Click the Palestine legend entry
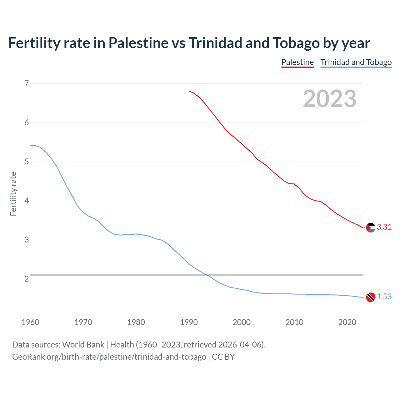tap(297, 62)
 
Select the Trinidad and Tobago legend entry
tap(356, 62)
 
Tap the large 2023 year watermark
tap(329, 99)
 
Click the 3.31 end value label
tap(384, 227)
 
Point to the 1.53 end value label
tap(384, 297)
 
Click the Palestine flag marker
tap(371, 227)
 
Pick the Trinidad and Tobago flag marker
tap(371, 297)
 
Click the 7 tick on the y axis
tap(27, 83)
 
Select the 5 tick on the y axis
tap(27, 162)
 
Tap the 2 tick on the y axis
tap(27, 279)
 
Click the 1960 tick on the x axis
tap(30, 322)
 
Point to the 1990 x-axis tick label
tap(189, 322)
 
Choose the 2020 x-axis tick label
tap(347, 322)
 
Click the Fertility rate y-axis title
tap(13, 194)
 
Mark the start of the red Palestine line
tap(189, 91)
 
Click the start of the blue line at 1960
tap(31, 145)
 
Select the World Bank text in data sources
tap(83, 345)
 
